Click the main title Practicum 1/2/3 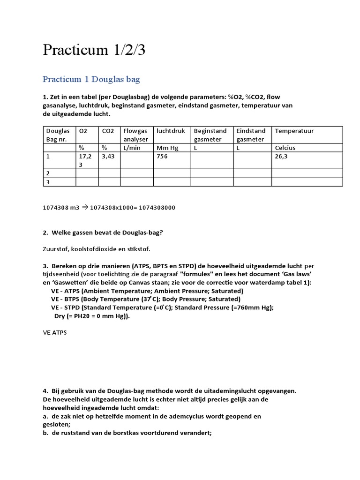[x=94, y=50]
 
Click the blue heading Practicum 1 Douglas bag [x=91, y=79]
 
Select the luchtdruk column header [x=171, y=131]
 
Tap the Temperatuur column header [x=294, y=131]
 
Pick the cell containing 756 [x=162, y=157]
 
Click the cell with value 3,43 [x=108, y=157]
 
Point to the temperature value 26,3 [x=281, y=157]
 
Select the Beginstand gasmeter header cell [x=210, y=135]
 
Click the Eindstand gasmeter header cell [x=251, y=135]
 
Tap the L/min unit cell [x=132, y=148]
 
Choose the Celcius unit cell [x=285, y=148]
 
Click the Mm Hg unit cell [x=167, y=148]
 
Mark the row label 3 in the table [x=47, y=182]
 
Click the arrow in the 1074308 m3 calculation [x=85, y=207]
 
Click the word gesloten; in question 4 [x=57, y=424]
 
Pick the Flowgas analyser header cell [x=136, y=135]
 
